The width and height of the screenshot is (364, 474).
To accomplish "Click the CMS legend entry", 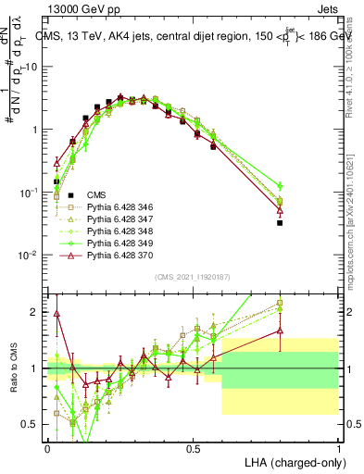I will [x=96, y=194].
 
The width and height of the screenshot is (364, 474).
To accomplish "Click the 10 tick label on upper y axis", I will [x=32, y=68].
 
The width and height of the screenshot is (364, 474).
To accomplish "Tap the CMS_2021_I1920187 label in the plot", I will [x=192, y=276].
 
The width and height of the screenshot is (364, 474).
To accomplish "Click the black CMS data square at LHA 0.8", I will [x=280, y=223].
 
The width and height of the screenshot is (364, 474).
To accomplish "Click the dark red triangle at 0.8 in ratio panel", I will [x=280, y=331].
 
